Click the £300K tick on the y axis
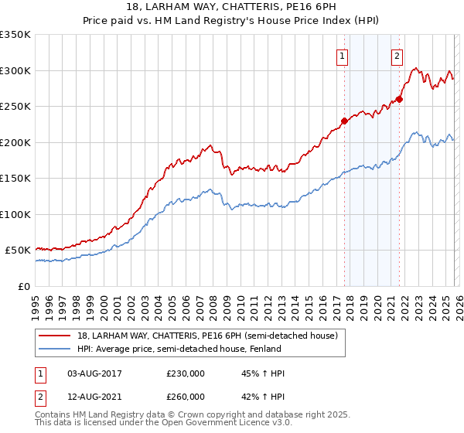(15, 70)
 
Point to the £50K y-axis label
(18, 251)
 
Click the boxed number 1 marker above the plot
(342, 56)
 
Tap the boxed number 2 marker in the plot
(397, 56)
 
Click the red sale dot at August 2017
(344, 121)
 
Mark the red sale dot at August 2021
(400, 99)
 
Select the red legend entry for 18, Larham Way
(207, 336)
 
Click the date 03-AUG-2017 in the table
(94, 373)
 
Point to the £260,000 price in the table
(186, 397)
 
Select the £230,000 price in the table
(186, 373)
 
